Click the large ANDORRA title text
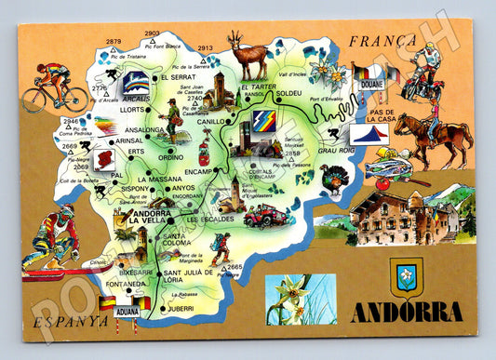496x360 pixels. point(406,312)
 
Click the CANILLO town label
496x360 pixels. point(212,120)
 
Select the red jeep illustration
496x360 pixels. point(262,217)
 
